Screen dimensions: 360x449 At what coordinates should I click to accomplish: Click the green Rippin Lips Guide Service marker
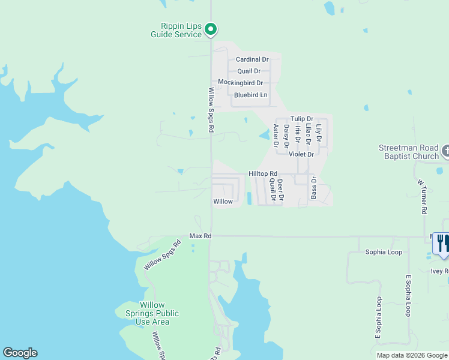tap(211, 28)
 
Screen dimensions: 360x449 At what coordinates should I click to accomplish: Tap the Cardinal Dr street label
tap(252, 59)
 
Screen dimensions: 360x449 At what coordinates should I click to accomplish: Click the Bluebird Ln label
tap(250, 95)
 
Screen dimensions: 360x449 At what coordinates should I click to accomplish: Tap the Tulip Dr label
tap(301, 119)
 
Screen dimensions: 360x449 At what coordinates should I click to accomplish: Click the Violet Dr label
tap(301, 154)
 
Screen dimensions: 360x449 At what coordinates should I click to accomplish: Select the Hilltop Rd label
tap(263, 173)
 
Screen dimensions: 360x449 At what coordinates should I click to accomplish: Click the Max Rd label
tap(200, 236)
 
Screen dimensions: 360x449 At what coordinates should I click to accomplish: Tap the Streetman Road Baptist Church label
tap(408, 152)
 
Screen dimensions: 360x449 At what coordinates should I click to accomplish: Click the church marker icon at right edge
tap(445, 150)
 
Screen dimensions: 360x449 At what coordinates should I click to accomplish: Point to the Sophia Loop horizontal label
tap(384, 252)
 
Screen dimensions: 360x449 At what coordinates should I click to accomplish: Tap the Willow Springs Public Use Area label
tap(151, 313)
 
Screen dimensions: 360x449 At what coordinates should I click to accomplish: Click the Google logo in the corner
tap(20, 353)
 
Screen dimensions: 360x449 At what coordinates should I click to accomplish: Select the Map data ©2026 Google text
tap(411, 355)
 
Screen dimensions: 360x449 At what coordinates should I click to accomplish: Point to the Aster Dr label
tap(276, 136)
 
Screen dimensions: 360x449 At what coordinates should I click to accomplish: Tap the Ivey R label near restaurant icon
tap(439, 271)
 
